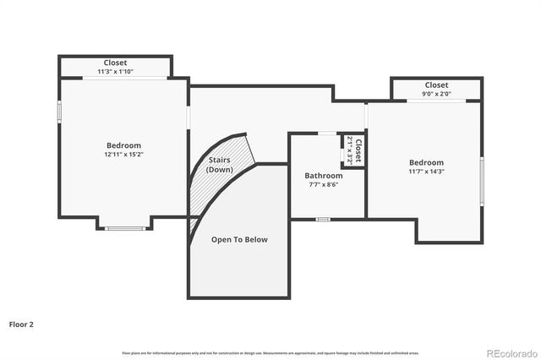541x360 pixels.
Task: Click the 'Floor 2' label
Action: pyautogui.click(x=21, y=324)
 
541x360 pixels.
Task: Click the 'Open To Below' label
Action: pyautogui.click(x=239, y=240)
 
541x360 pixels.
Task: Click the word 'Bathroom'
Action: pyautogui.click(x=324, y=176)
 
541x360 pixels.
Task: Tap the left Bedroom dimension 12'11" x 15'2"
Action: pyautogui.click(x=123, y=155)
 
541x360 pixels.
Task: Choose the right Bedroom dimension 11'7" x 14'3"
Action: pyautogui.click(x=426, y=172)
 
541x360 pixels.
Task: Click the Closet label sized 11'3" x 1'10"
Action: pyautogui.click(x=116, y=67)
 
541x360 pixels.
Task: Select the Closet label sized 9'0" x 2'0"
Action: pyautogui.click(x=436, y=89)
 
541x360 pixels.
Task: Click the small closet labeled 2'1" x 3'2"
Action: pyautogui.click(x=354, y=150)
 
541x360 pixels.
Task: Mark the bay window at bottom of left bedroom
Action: pyautogui.click(x=124, y=227)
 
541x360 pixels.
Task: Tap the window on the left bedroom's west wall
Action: pyautogui.click(x=59, y=112)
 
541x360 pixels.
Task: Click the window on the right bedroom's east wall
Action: pyautogui.click(x=481, y=180)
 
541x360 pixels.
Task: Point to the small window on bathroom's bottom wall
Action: pyautogui.click(x=323, y=219)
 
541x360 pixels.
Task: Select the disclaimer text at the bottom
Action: pyautogui.click(x=270, y=352)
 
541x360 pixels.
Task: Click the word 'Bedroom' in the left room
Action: pyautogui.click(x=123, y=145)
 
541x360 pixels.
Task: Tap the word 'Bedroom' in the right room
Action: pyautogui.click(x=426, y=162)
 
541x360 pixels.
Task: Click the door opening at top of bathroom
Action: pyautogui.click(x=326, y=133)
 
